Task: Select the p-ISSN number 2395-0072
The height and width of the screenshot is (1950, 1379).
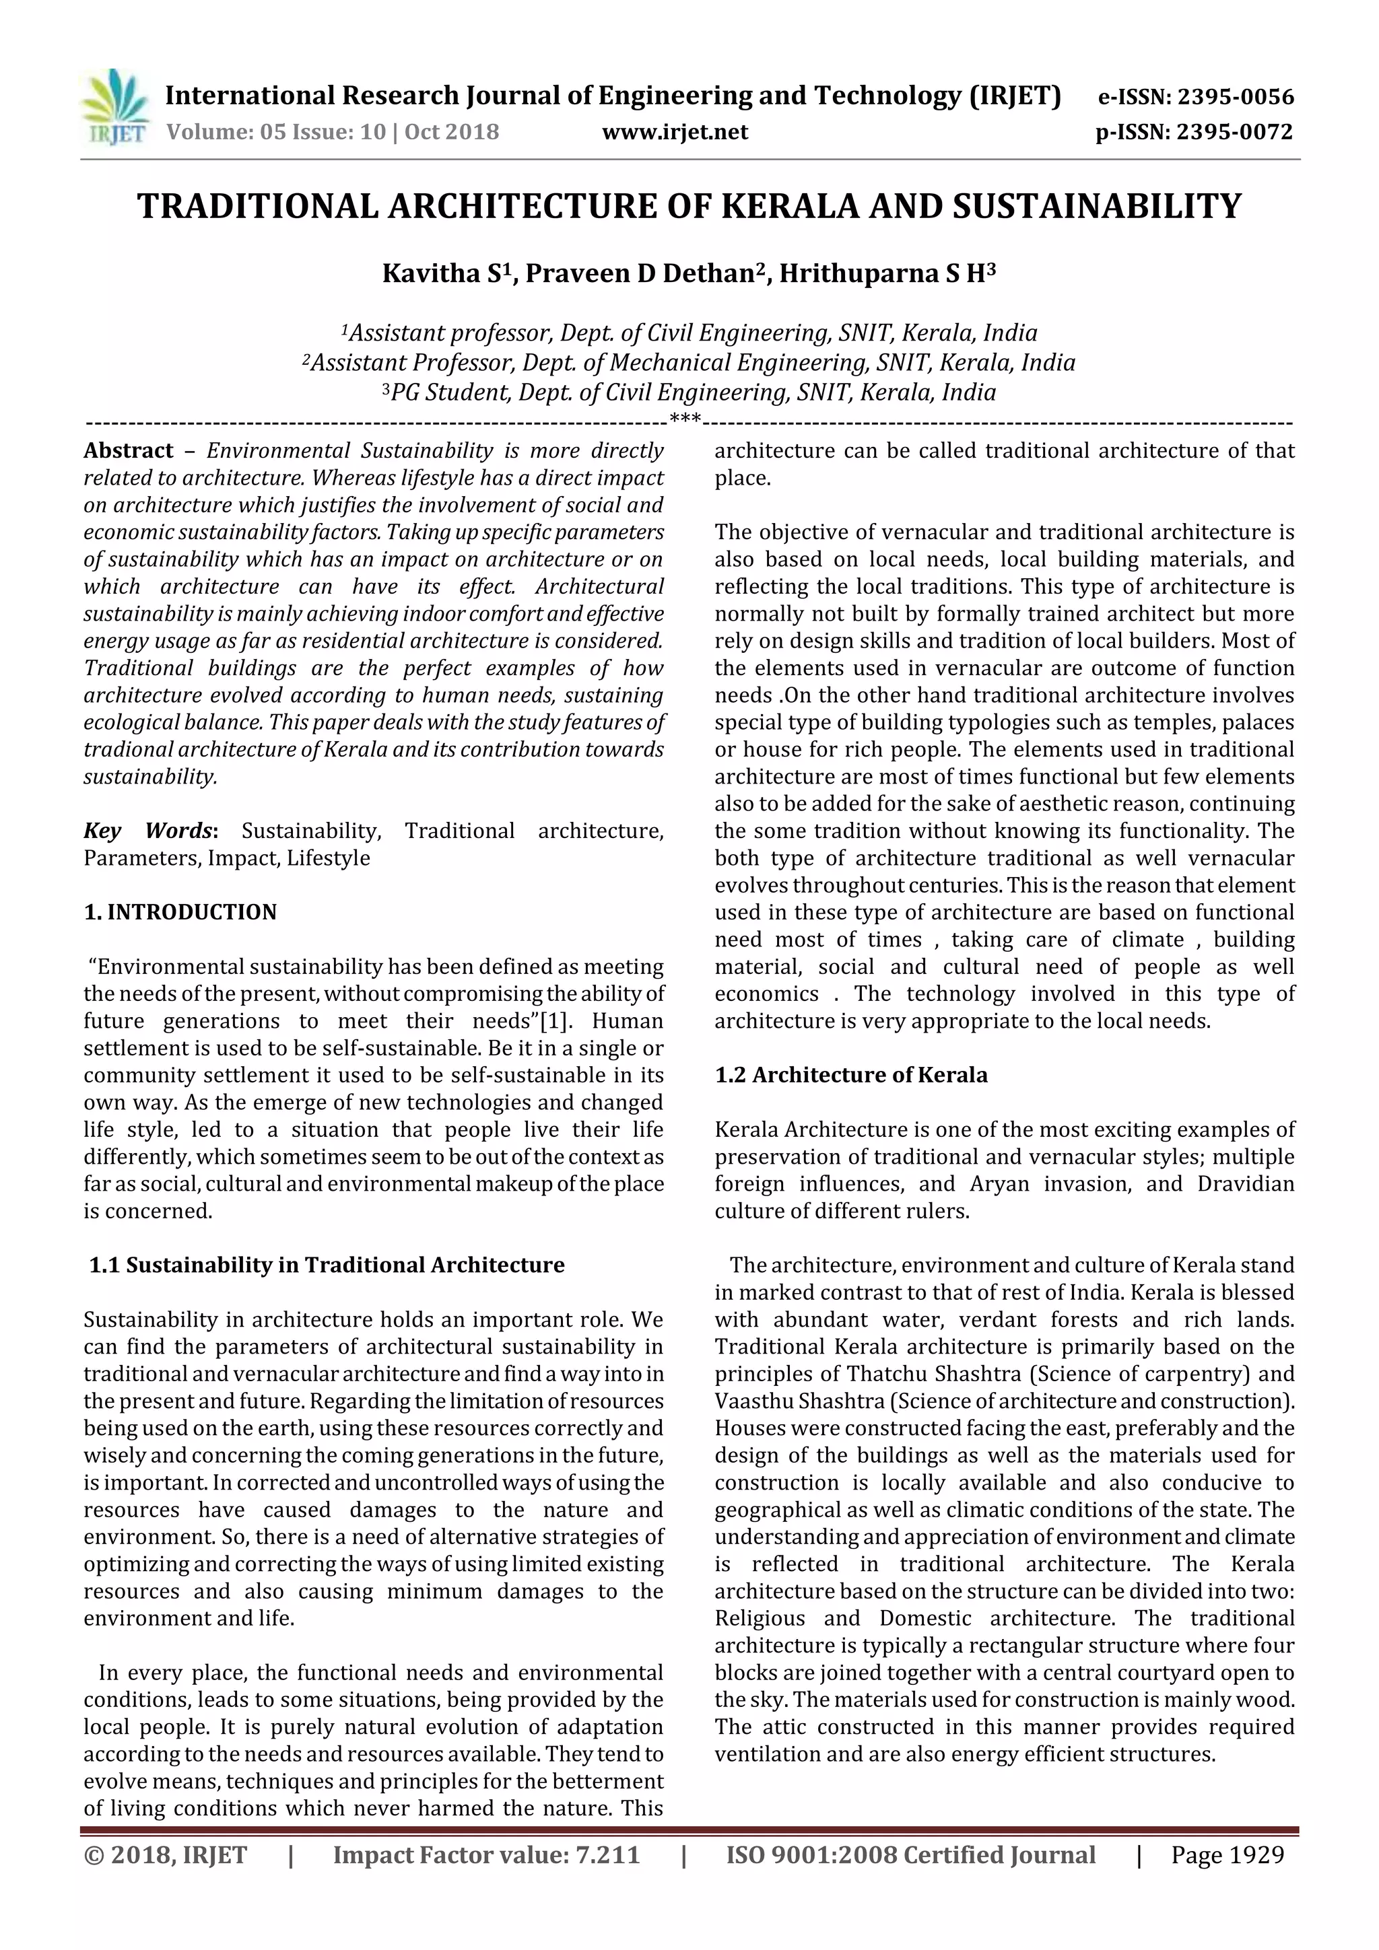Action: tap(1234, 133)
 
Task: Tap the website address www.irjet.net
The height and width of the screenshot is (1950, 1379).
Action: tap(675, 132)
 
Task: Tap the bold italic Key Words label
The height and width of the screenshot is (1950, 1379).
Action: tap(149, 831)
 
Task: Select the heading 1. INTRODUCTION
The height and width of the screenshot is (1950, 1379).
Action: tap(180, 912)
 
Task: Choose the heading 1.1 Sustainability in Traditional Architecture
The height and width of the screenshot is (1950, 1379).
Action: tap(327, 1265)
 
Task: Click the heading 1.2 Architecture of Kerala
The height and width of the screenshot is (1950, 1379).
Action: tap(850, 1075)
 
